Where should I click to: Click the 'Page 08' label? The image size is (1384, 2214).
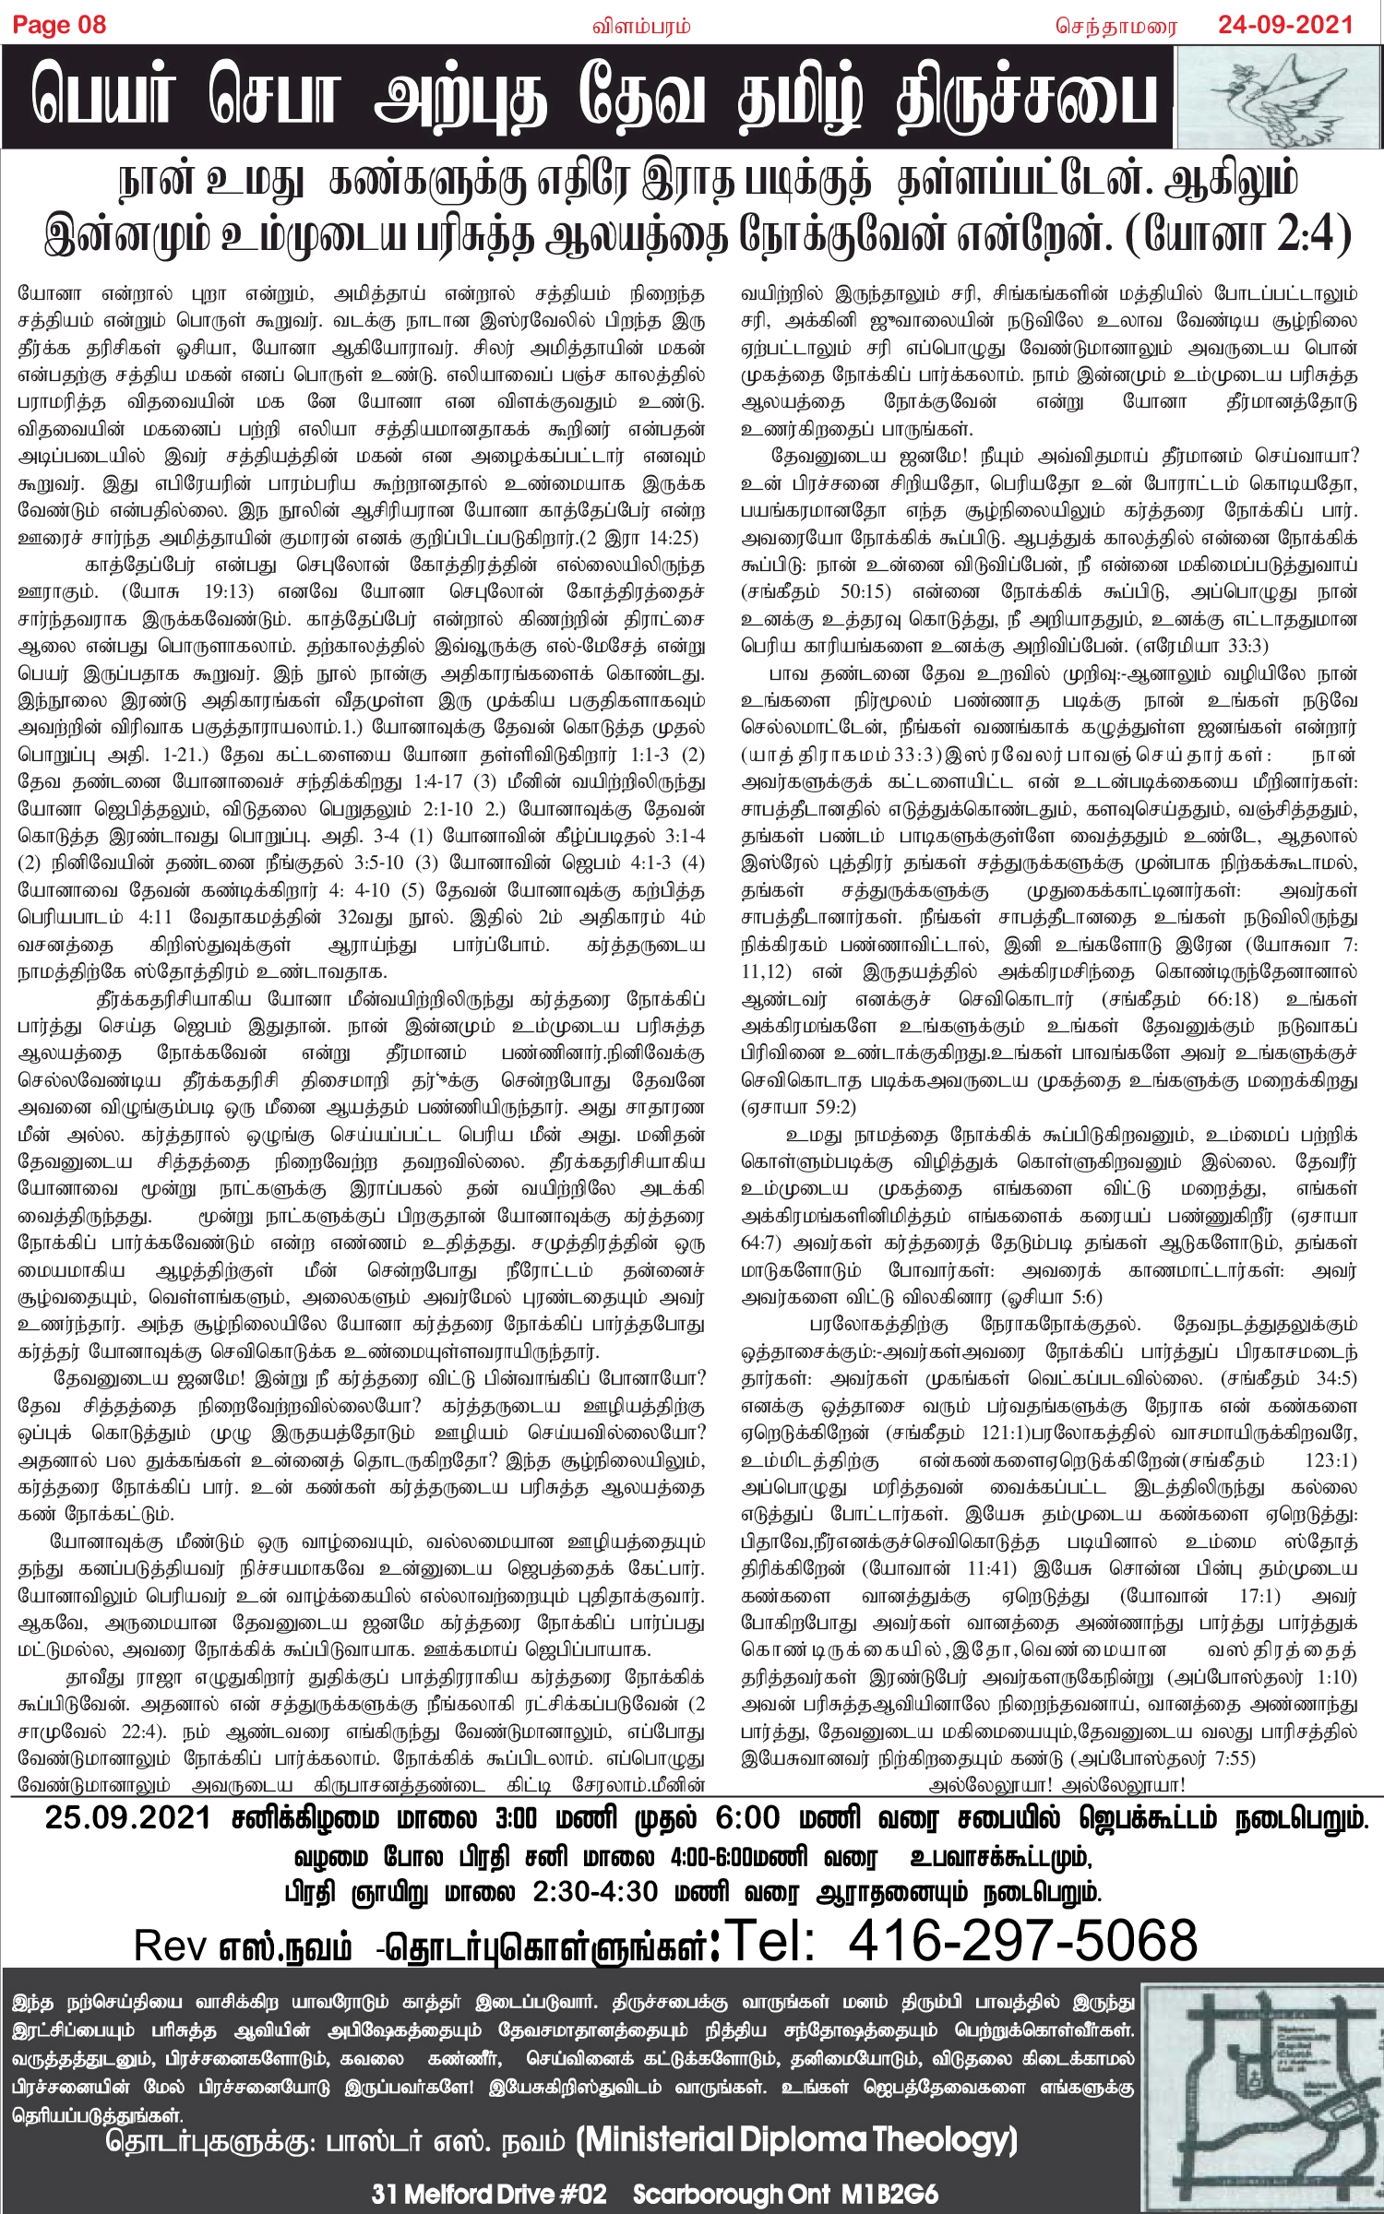[59, 25]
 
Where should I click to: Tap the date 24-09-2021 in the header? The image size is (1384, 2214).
[1285, 25]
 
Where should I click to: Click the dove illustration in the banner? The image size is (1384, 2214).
[1279, 98]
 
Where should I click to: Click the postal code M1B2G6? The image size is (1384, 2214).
[886, 2194]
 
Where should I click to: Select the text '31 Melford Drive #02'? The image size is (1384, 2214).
[489, 2194]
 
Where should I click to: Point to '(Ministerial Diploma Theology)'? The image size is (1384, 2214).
[796, 2139]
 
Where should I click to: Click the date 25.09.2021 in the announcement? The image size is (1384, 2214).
[127, 1818]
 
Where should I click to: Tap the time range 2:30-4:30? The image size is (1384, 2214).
[595, 1891]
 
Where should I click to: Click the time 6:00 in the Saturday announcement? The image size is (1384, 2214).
[747, 1818]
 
